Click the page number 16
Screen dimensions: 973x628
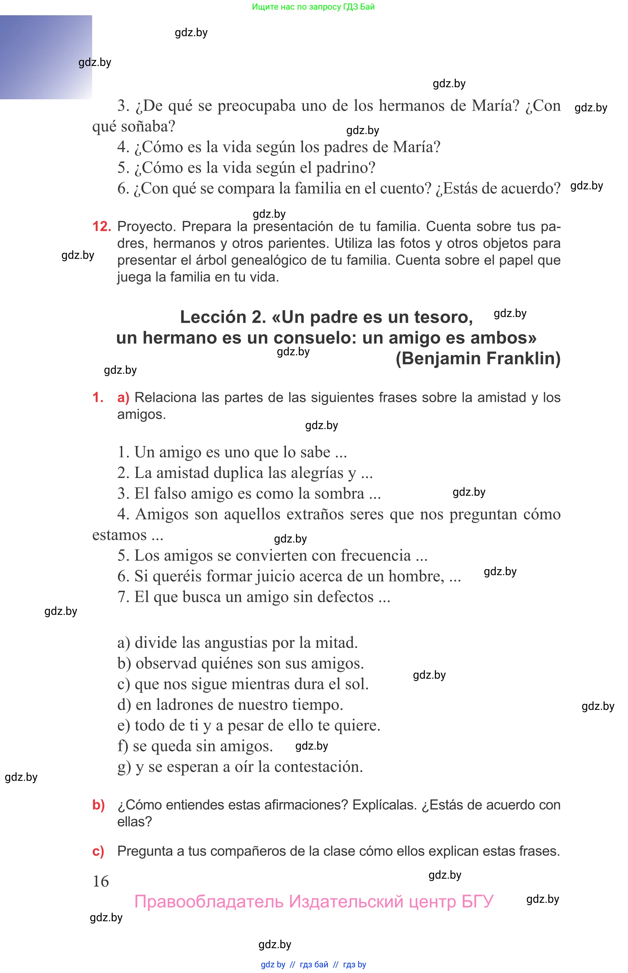tap(101, 881)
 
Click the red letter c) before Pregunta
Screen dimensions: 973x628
tap(98, 851)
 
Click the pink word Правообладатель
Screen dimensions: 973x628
tap(209, 901)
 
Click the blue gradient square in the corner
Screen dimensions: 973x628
tap(46, 57)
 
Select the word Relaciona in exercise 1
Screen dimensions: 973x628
tap(165, 397)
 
